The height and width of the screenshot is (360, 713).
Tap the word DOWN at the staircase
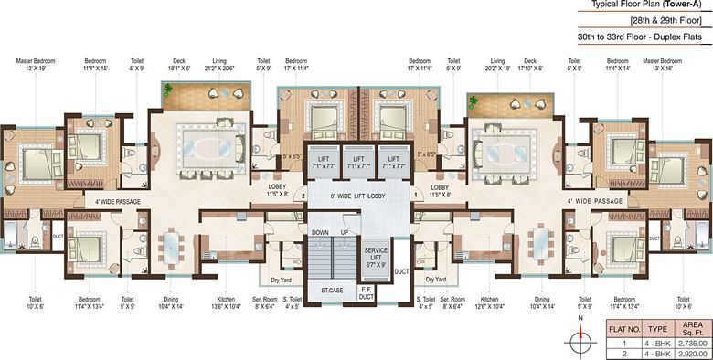(x=320, y=232)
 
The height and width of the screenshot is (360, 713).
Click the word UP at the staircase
(x=346, y=232)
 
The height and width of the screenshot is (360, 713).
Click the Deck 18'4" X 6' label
(x=179, y=66)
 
